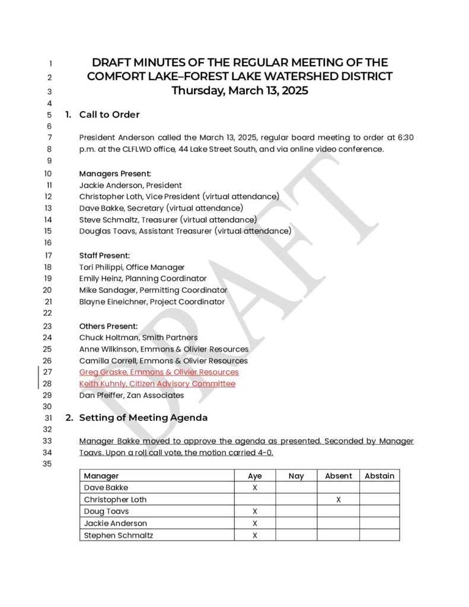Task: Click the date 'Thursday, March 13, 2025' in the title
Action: click(240, 91)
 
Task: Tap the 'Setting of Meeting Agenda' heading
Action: click(143, 417)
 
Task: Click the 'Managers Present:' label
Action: click(115, 174)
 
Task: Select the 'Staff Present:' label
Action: click(104, 255)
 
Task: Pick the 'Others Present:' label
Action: click(109, 326)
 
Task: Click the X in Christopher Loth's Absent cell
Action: click(339, 500)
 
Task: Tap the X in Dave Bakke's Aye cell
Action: click(255, 488)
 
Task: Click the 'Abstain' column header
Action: click(379, 476)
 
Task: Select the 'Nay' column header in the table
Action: click(296, 476)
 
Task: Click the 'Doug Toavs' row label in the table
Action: click(106, 512)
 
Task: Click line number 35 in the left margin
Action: click(48, 464)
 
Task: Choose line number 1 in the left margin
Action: click(50, 63)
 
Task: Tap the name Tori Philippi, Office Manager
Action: click(132, 267)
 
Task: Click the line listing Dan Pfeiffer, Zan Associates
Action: click(132, 395)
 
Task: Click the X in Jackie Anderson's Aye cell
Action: click(255, 523)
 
